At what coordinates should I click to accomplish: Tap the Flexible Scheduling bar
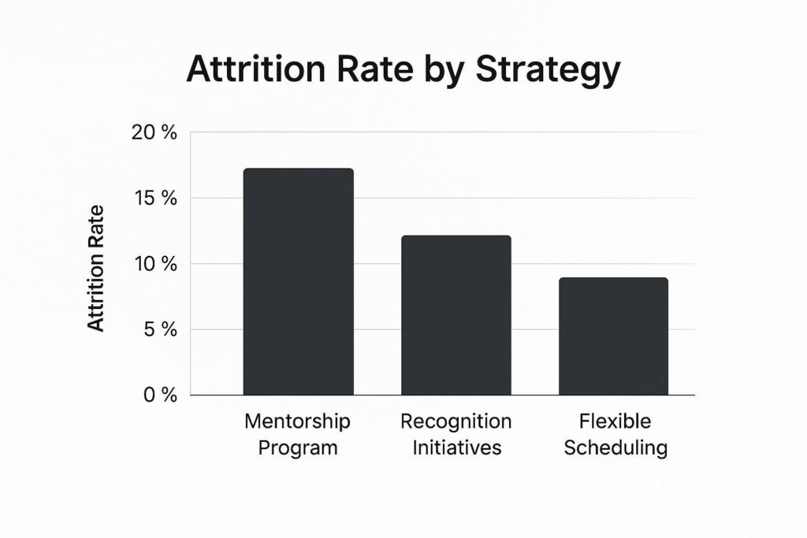613,336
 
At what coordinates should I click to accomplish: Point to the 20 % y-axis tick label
154,132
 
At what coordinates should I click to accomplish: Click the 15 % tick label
154,198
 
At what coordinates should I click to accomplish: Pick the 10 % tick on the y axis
154,263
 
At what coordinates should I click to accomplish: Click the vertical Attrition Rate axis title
95,268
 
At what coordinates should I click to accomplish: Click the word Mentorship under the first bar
298,421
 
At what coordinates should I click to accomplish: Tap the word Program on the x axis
298,449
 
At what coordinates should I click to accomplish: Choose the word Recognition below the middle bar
456,421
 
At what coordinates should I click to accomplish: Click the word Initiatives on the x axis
456,448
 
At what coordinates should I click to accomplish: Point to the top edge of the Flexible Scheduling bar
613,279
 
